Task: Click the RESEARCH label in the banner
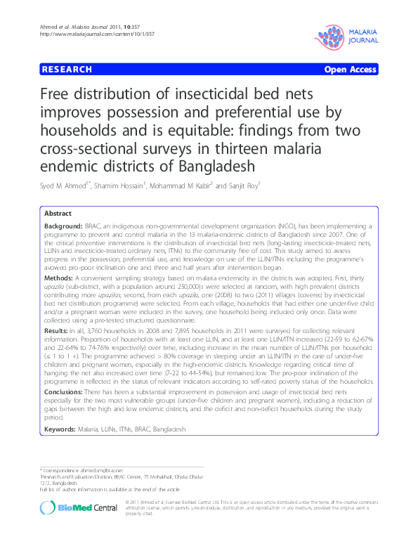coord(67,70)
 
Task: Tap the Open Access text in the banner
coord(350,70)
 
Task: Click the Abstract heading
coord(58,213)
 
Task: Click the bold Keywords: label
coord(61,429)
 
